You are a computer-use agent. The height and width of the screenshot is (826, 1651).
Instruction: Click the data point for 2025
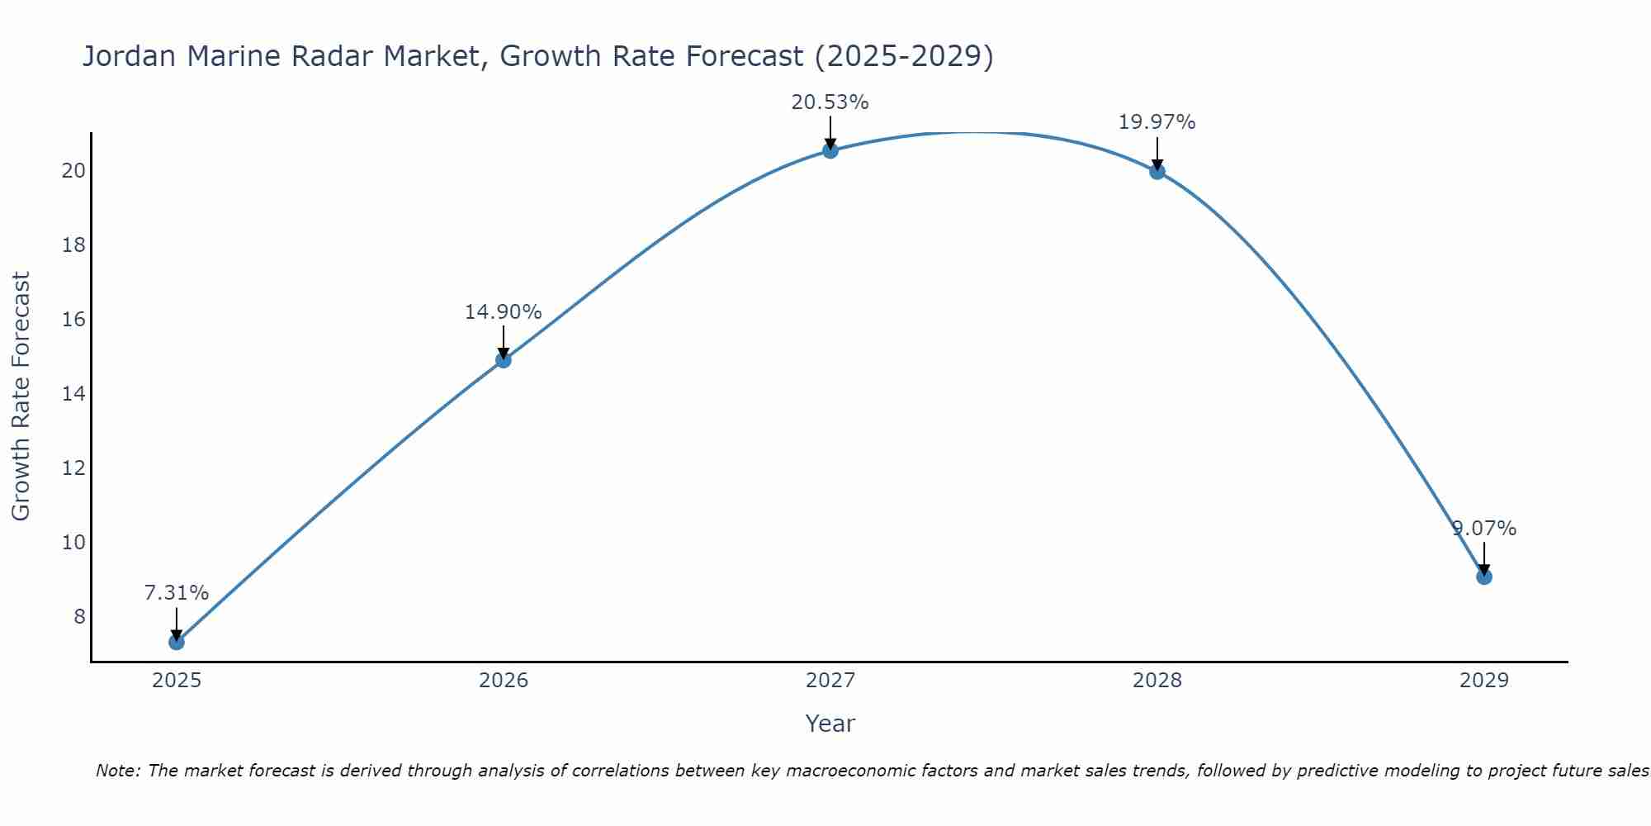pyautogui.click(x=176, y=642)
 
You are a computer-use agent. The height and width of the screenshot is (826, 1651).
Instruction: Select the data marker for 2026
pyautogui.click(x=504, y=360)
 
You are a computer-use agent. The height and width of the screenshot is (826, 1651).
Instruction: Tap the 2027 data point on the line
pyautogui.click(x=830, y=150)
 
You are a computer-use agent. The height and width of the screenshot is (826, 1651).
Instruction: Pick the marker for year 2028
pyautogui.click(x=1157, y=172)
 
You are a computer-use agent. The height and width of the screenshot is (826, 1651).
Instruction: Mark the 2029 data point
pyautogui.click(x=1484, y=577)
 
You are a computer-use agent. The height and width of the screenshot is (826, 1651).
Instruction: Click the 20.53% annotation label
pyautogui.click(x=830, y=102)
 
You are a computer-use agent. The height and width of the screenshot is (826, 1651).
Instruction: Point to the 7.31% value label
pyautogui.click(x=176, y=593)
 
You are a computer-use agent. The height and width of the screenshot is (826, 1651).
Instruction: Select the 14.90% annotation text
pyautogui.click(x=503, y=312)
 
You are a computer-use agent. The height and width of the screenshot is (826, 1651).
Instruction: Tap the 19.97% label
pyautogui.click(x=1157, y=122)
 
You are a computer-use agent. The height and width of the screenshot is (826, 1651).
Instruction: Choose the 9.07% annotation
pyautogui.click(x=1483, y=529)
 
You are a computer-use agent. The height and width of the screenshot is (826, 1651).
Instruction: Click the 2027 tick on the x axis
pyautogui.click(x=830, y=681)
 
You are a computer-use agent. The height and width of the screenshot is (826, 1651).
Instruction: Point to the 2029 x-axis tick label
pyautogui.click(x=1484, y=681)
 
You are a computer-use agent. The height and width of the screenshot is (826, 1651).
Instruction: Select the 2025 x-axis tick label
pyautogui.click(x=177, y=681)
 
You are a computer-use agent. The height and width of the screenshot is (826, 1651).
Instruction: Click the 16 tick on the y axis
pyautogui.click(x=73, y=320)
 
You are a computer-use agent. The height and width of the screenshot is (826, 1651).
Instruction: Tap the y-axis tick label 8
pyautogui.click(x=79, y=617)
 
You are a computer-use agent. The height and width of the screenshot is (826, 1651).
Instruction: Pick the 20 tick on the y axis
pyautogui.click(x=73, y=171)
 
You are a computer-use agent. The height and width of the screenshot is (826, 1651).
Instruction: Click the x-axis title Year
pyautogui.click(x=830, y=724)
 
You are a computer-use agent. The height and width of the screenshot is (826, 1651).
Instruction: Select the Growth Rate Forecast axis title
pyautogui.click(x=21, y=396)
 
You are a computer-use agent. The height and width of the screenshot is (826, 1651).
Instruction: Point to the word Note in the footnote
pyautogui.click(x=118, y=771)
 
